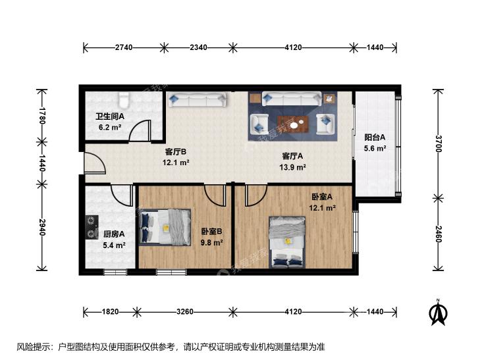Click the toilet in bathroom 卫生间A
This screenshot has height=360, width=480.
[x=124, y=99]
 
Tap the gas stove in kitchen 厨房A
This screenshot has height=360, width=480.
[x=92, y=227]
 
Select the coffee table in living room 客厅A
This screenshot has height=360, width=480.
[x=292, y=124]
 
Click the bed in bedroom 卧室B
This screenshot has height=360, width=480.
[x=165, y=226]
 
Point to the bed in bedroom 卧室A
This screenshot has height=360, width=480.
[x=287, y=242]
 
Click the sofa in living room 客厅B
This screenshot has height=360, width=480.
[x=198, y=100]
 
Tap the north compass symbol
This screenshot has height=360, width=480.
[x=439, y=313]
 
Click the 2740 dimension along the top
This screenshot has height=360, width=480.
[x=124, y=47]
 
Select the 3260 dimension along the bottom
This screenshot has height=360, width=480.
[x=185, y=312]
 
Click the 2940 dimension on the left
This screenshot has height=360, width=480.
[x=41, y=227]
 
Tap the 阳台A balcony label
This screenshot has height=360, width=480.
[x=375, y=138]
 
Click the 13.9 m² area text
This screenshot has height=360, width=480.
[x=292, y=167]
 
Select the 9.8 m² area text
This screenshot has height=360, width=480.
[x=211, y=243]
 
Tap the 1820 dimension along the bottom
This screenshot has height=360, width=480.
[x=110, y=312]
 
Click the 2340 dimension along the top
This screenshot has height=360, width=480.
[x=198, y=47]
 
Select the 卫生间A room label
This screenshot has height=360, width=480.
[x=110, y=116]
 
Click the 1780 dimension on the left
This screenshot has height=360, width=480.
[x=41, y=116]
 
